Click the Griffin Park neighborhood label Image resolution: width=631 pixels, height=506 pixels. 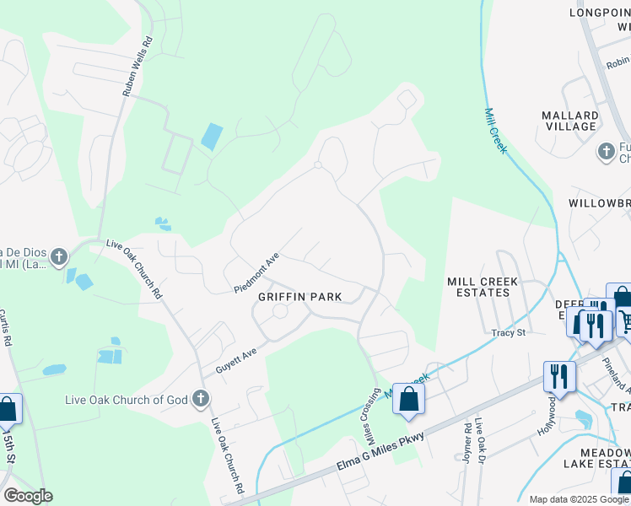[299, 297]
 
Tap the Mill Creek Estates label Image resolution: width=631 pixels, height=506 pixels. [477, 287]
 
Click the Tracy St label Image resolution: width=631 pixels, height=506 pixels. [509, 333]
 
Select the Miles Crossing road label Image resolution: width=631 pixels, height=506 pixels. [371, 418]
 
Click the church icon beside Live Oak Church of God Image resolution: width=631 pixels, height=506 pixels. [201, 397]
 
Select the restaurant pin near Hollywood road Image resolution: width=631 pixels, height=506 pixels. [559, 375]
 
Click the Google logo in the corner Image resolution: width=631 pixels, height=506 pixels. [28, 496]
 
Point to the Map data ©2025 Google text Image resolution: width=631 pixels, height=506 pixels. [579, 499]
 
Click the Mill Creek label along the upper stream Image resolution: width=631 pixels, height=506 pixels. [495, 130]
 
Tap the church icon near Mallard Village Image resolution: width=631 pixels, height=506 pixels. [606, 152]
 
